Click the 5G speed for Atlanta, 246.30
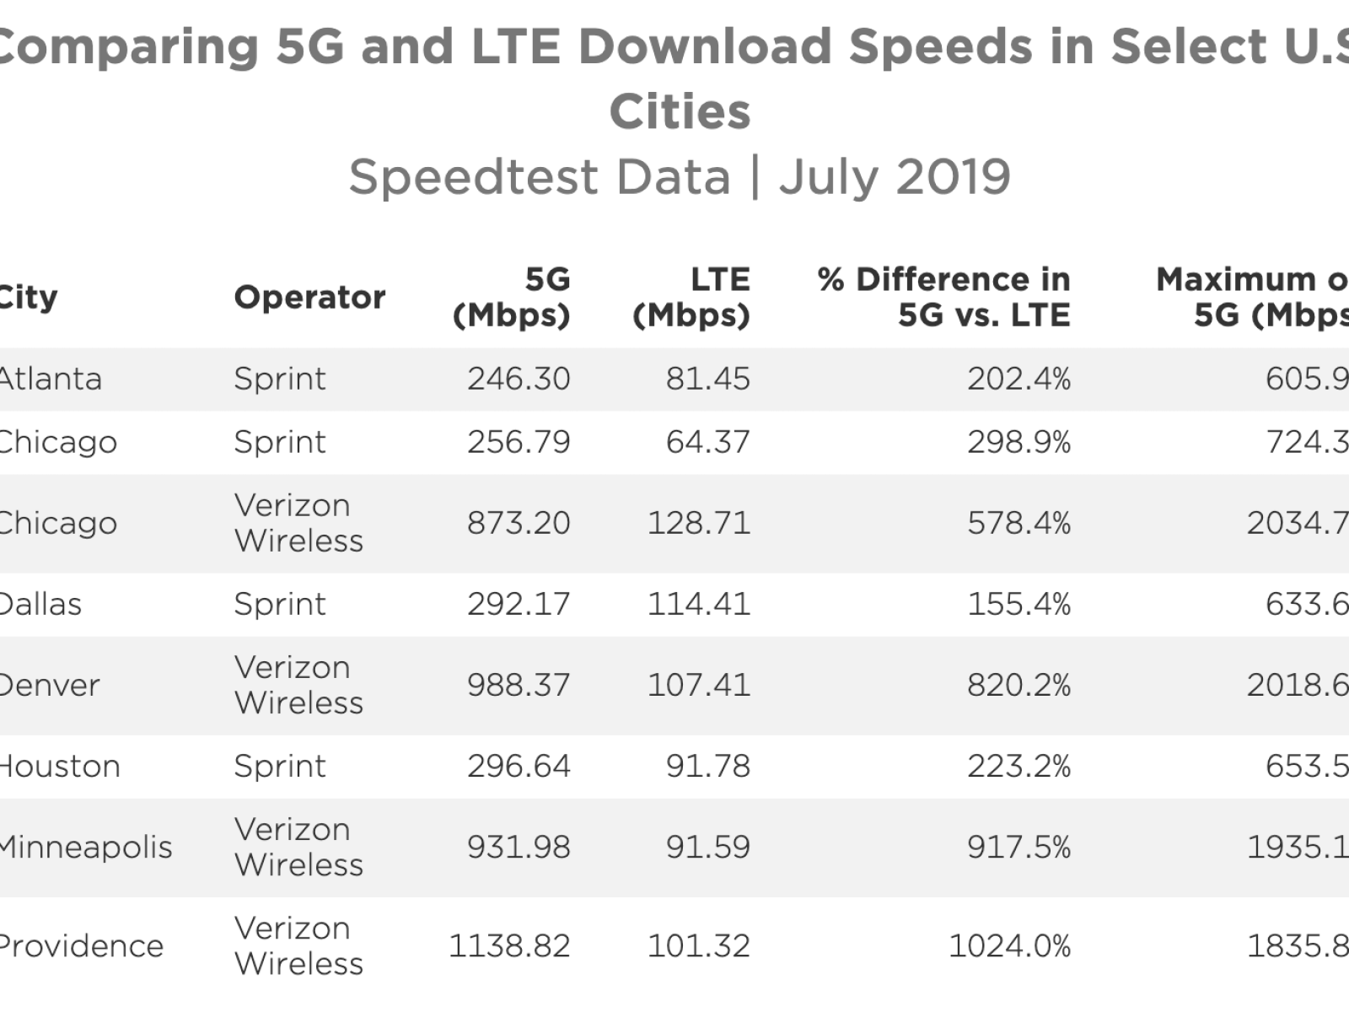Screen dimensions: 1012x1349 pyautogui.click(x=519, y=379)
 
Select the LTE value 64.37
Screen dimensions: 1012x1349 pyautogui.click(x=707, y=442)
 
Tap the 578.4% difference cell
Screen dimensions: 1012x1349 pyautogui.click(x=1018, y=523)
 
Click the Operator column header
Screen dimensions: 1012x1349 pyautogui.click(x=309, y=297)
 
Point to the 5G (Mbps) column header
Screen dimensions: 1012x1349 pyautogui.click(x=512, y=297)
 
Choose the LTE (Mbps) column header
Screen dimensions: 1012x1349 pyautogui.click(x=691, y=297)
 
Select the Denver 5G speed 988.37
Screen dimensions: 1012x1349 pyautogui.click(x=519, y=685)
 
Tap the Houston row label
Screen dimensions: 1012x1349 pyautogui.click(x=59, y=766)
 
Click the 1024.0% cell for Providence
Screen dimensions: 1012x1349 pyautogui.click(x=1009, y=945)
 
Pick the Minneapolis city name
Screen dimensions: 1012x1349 pyautogui.click(x=85, y=847)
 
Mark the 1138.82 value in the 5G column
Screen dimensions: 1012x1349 pyautogui.click(x=509, y=945)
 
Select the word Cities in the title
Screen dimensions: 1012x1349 pyautogui.click(x=680, y=111)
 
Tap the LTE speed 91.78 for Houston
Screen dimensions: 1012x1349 pyautogui.click(x=707, y=766)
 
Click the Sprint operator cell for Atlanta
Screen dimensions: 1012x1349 pyautogui.click(x=279, y=379)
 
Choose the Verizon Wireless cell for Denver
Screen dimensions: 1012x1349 pyautogui.click(x=298, y=685)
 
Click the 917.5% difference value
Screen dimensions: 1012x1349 pyautogui.click(x=1018, y=847)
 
